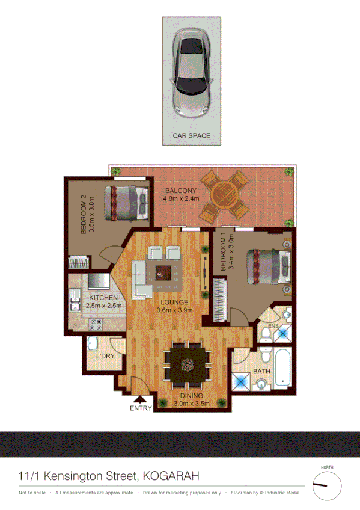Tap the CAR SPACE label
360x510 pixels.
(x=192, y=136)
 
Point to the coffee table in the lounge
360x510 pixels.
(x=163, y=272)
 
